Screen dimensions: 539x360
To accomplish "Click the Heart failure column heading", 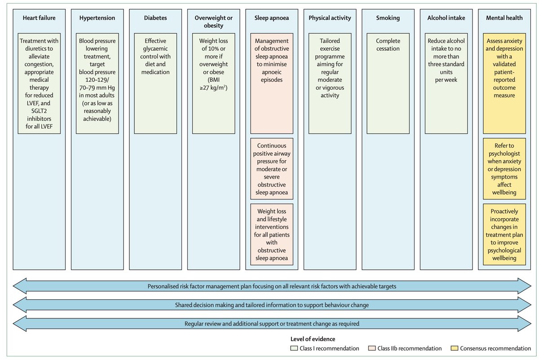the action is coord(39,18).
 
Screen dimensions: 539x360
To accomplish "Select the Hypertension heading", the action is coord(97,18).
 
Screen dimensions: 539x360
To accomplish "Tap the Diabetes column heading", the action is coord(155,18).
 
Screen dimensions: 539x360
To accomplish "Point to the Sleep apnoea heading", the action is coord(272,18).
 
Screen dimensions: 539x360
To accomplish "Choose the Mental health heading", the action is coord(504,18).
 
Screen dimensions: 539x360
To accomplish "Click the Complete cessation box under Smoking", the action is coord(388,83).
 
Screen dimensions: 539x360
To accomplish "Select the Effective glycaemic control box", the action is coord(155,83).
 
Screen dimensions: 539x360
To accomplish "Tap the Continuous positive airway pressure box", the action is coord(272,169).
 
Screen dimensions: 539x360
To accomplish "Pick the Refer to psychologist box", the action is coord(504,169).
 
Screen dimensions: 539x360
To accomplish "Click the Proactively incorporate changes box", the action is coord(504,234).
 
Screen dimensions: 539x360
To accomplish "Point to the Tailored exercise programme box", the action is coord(330,83).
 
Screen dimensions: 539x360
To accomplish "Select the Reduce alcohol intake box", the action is coord(446,83).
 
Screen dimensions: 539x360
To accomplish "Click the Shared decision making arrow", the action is coord(272,305).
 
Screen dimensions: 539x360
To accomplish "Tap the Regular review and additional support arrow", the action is coord(272,324).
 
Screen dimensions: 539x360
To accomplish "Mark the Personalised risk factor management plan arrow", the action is coord(272,286).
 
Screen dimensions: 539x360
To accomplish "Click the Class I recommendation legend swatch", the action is coord(294,348).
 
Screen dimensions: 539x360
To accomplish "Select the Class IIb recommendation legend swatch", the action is coord(372,348).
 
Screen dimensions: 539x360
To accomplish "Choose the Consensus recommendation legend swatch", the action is coord(454,348).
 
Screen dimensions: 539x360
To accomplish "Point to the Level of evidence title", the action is coord(313,339).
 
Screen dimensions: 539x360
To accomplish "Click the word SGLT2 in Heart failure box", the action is coord(39,111).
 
